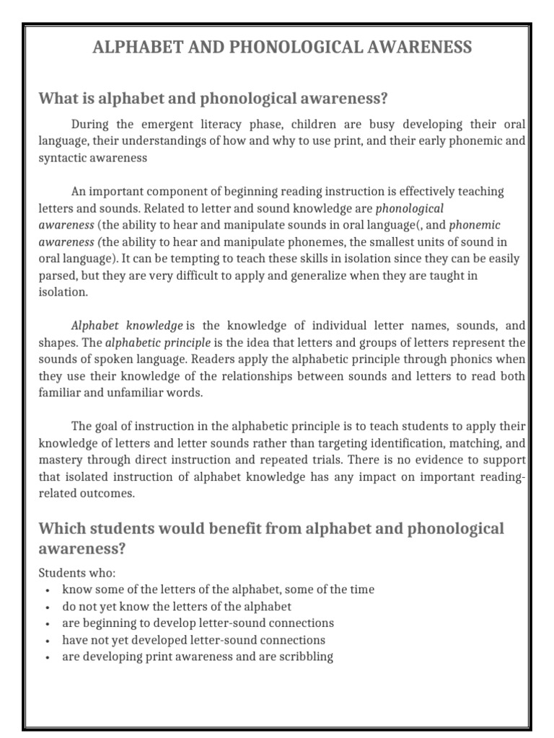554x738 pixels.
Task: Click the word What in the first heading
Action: [58, 98]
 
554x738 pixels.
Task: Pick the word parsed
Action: [57, 276]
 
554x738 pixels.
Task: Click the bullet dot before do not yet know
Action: [47, 607]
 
